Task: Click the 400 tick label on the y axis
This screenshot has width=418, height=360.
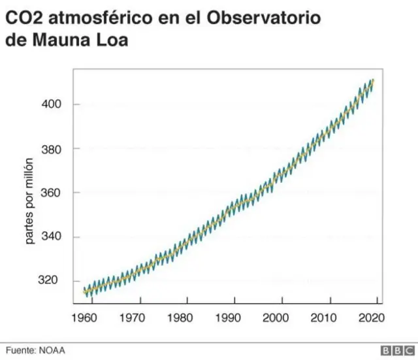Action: point(53,105)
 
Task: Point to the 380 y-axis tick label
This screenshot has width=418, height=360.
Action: point(53,149)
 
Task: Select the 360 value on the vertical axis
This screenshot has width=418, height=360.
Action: point(53,193)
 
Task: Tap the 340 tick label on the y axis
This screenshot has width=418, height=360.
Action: point(53,237)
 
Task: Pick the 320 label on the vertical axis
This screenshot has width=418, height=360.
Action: point(53,281)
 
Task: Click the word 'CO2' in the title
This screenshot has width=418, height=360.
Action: point(24,18)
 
